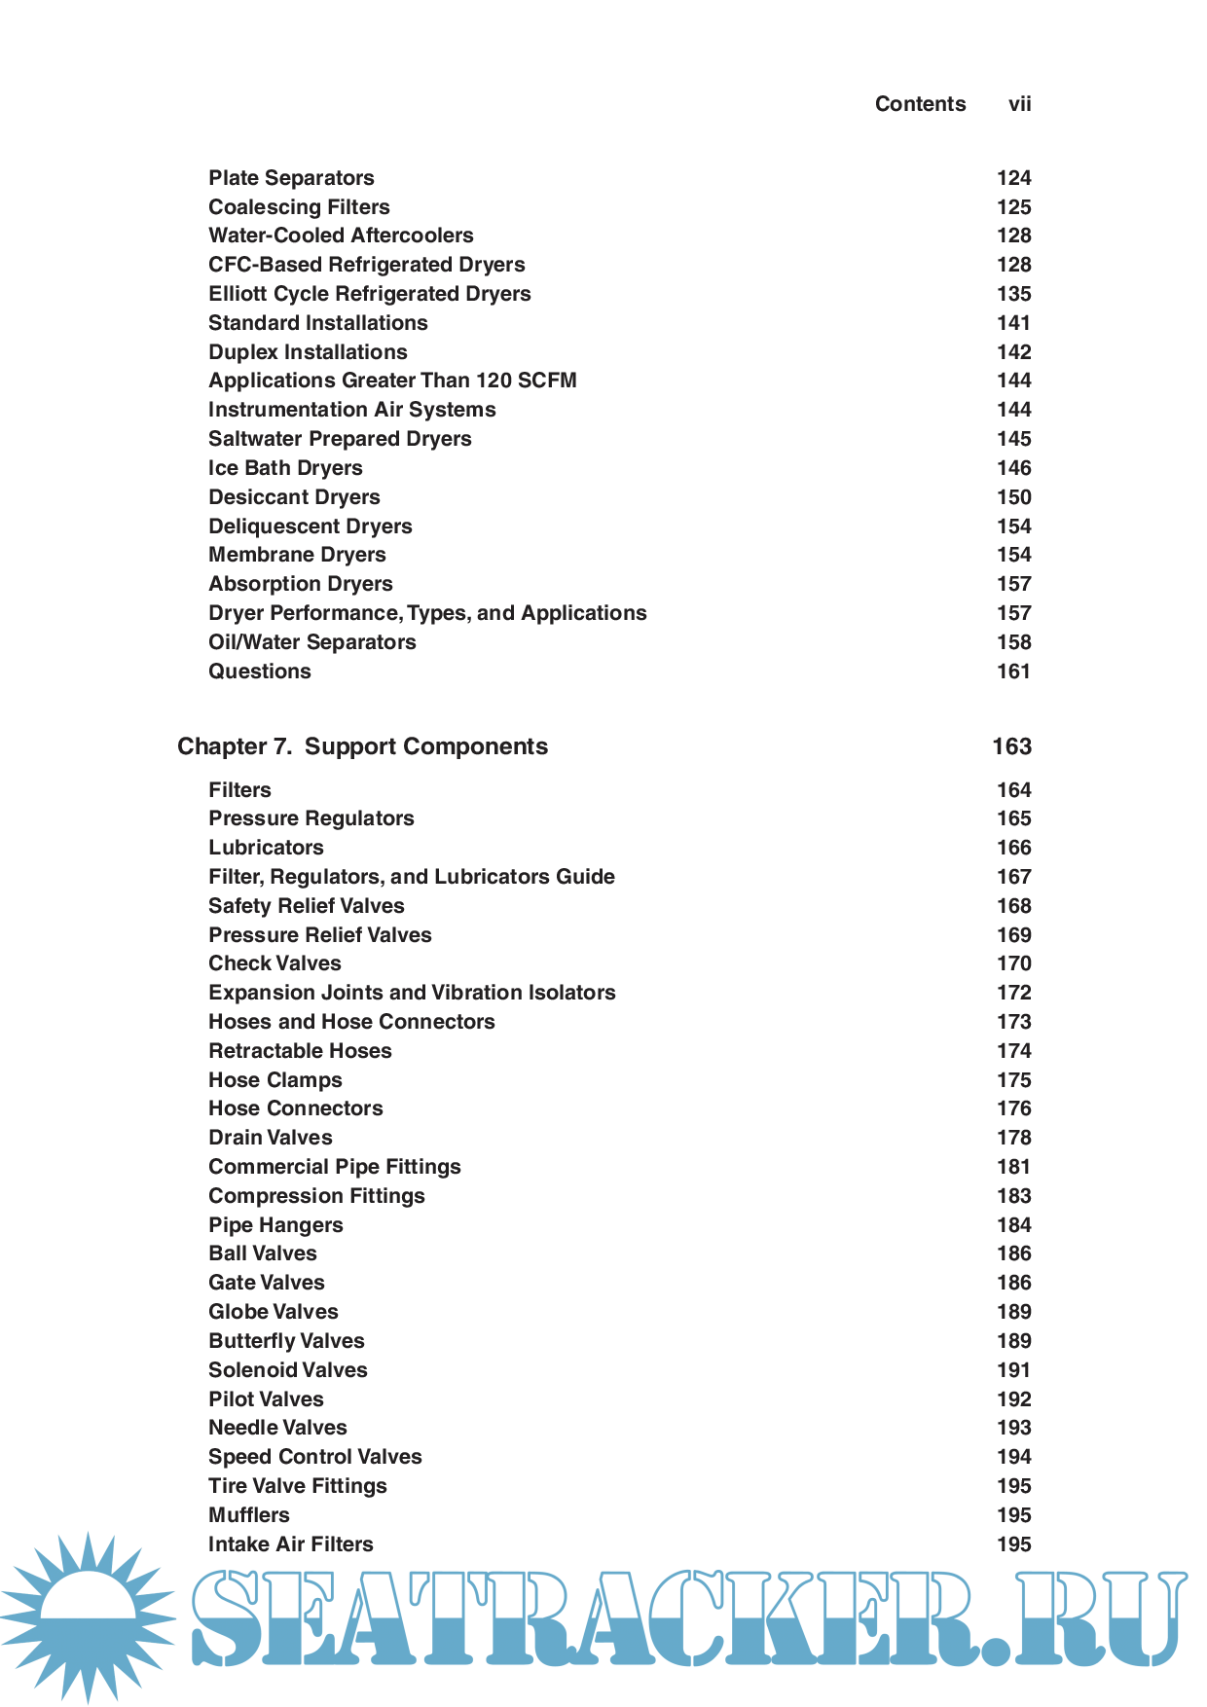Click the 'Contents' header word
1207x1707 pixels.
coord(920,104)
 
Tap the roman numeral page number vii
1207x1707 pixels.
coord(1019,104)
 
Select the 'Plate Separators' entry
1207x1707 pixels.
coord(291,178)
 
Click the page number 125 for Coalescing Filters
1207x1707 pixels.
coord(1013,207)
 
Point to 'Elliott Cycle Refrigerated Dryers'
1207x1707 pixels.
coord(369,294)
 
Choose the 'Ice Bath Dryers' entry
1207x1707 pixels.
coord(285,468)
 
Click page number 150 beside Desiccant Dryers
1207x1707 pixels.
coord(1013,497)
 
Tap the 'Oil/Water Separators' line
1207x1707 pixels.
coord(311,642)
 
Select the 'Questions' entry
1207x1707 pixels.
coord(260,672)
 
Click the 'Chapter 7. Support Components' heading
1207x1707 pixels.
coord(362,746)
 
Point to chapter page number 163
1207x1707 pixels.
coord(1011,746)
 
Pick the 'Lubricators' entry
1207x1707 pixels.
coord(266,848)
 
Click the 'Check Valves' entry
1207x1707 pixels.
coord(274,963)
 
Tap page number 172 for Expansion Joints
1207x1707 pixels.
coord(1013,993)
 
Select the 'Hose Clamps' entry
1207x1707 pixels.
coord(274,1080)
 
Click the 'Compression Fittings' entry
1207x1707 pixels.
coord(316,1196)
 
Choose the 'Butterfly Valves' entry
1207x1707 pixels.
coord(286,1341)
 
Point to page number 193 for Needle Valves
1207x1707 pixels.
coord(1013,1428)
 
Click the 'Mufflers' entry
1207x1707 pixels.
coord(248,1515)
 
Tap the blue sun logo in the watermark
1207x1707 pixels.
coord(88,1616)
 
